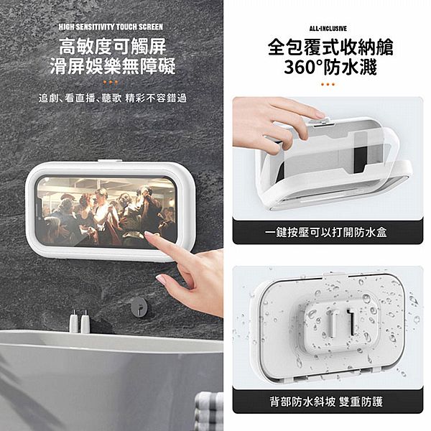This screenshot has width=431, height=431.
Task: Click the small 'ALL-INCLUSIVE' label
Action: pos(327,28)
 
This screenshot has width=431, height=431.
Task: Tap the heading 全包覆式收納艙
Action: pos(328,48)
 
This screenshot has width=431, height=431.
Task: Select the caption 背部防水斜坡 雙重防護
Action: pos(327,401)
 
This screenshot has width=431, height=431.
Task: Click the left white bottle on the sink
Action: pos(74,323)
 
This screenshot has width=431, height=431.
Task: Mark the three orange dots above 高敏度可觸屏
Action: pos(112,35)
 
